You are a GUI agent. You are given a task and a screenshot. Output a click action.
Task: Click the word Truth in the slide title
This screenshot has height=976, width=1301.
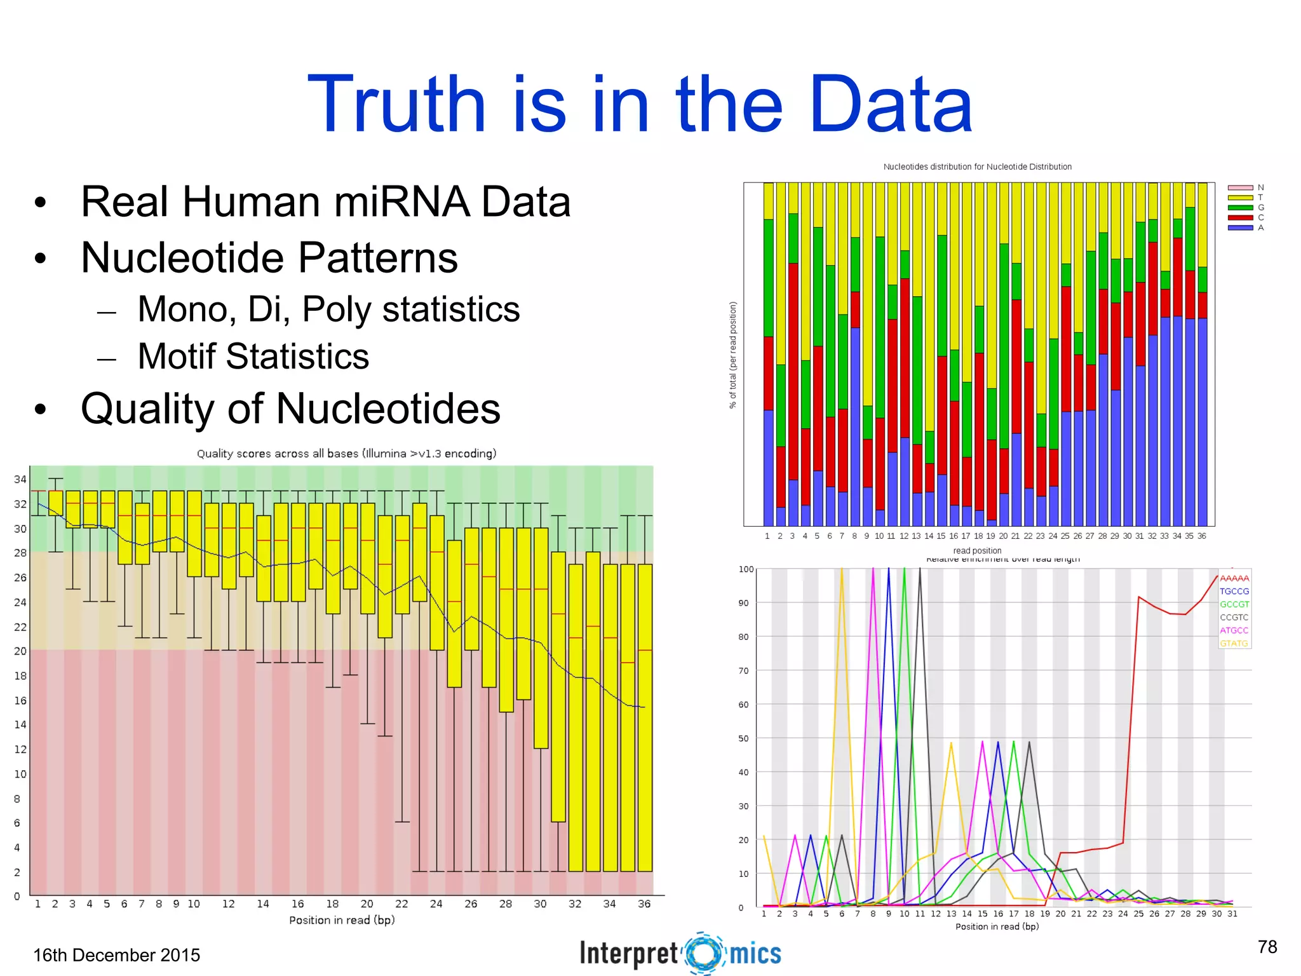click(396, 105)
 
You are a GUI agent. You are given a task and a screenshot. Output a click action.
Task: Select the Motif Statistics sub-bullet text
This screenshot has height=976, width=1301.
click(253, 356)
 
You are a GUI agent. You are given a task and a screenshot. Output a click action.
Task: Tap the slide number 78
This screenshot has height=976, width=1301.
click(1267, 947)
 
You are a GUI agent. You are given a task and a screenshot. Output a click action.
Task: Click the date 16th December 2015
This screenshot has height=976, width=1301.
click(116, 955)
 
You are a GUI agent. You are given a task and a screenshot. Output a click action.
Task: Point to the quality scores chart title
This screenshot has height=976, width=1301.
click(346, 454)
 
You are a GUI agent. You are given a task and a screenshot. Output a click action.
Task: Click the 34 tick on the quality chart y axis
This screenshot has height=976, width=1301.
click(20, 479)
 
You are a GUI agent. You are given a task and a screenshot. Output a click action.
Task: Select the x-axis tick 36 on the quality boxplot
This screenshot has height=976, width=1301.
click(644, 904)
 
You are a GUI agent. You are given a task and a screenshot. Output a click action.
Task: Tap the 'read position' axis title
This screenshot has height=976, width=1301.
click(976, 550)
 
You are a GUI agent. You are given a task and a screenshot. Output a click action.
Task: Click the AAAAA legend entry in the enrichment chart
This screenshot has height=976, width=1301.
click(1234, 578)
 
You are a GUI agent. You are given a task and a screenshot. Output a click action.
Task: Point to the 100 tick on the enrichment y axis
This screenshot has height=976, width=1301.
click(746, 569)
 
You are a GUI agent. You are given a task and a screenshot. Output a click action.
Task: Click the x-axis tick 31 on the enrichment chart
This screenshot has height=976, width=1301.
click(1232, 914)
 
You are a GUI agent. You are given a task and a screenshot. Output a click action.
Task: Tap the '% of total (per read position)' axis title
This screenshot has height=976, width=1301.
click(732, 355)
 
